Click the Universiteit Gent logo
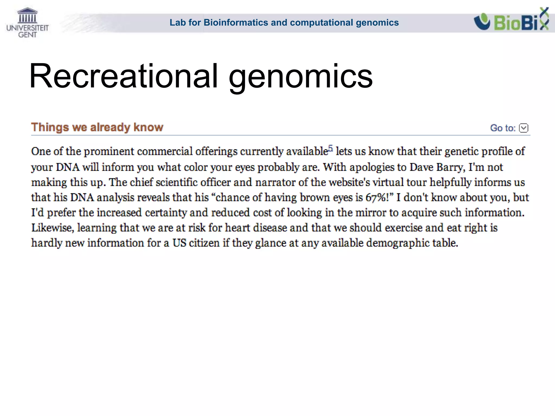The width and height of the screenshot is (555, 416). point(27,23)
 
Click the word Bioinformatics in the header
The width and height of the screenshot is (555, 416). point(236,22)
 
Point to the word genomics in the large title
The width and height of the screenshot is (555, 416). point(301,76)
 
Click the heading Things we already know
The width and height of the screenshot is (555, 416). point(97,127)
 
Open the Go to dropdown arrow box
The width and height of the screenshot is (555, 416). point(524,128)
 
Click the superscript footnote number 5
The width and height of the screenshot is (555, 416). point(330,148)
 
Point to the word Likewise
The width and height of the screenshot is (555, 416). point(52,228)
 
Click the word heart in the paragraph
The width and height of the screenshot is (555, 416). point(238,228)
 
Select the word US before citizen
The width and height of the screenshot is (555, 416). point(179,243)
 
